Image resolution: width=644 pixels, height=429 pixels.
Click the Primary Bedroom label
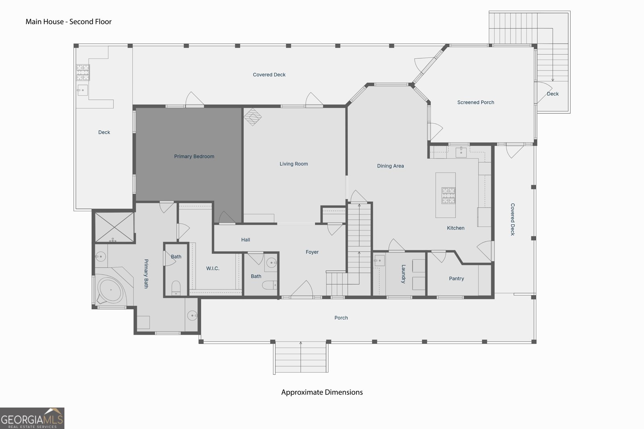[x=194, y=156]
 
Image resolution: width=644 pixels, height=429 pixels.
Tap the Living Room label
[x=293, y=164]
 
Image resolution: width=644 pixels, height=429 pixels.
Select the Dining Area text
[x=390, y=166]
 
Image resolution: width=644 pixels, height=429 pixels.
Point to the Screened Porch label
[x=475, y=103]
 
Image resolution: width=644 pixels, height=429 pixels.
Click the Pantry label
[x=456, y=279]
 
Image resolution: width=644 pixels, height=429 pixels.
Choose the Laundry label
[x=403, y=274]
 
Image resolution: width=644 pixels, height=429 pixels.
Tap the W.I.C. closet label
[x=213, y=269]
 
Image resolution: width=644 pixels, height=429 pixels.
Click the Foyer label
[x=312, y=252]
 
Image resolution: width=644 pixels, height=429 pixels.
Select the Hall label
[x=246, y=240]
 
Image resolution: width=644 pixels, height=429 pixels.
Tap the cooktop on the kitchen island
[x=448, y=195]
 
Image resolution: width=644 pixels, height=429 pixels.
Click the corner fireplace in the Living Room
[x=252, y=117]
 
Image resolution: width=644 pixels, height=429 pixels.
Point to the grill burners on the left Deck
[x=83, y=72]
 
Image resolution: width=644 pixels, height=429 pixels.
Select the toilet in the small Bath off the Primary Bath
[x=176, y=288]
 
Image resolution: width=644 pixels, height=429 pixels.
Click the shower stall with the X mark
[x=114, y=227]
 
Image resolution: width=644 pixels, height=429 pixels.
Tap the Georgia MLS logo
[x=32, y=418]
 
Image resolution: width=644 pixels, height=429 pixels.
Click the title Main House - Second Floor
[x=68, y=22]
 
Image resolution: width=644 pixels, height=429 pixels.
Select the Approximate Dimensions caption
[x=322, y=392]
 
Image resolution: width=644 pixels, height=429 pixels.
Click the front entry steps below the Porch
[x=301, y=357]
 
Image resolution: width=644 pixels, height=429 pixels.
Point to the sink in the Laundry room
[x=380, y=261]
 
